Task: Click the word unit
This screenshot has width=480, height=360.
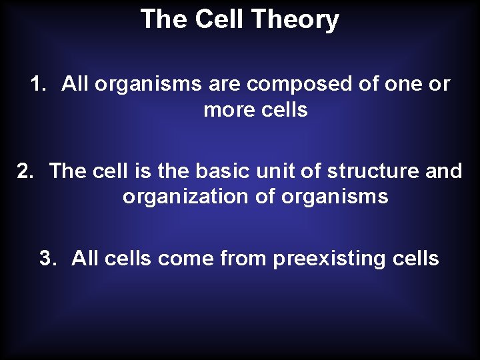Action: (274, 171)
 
